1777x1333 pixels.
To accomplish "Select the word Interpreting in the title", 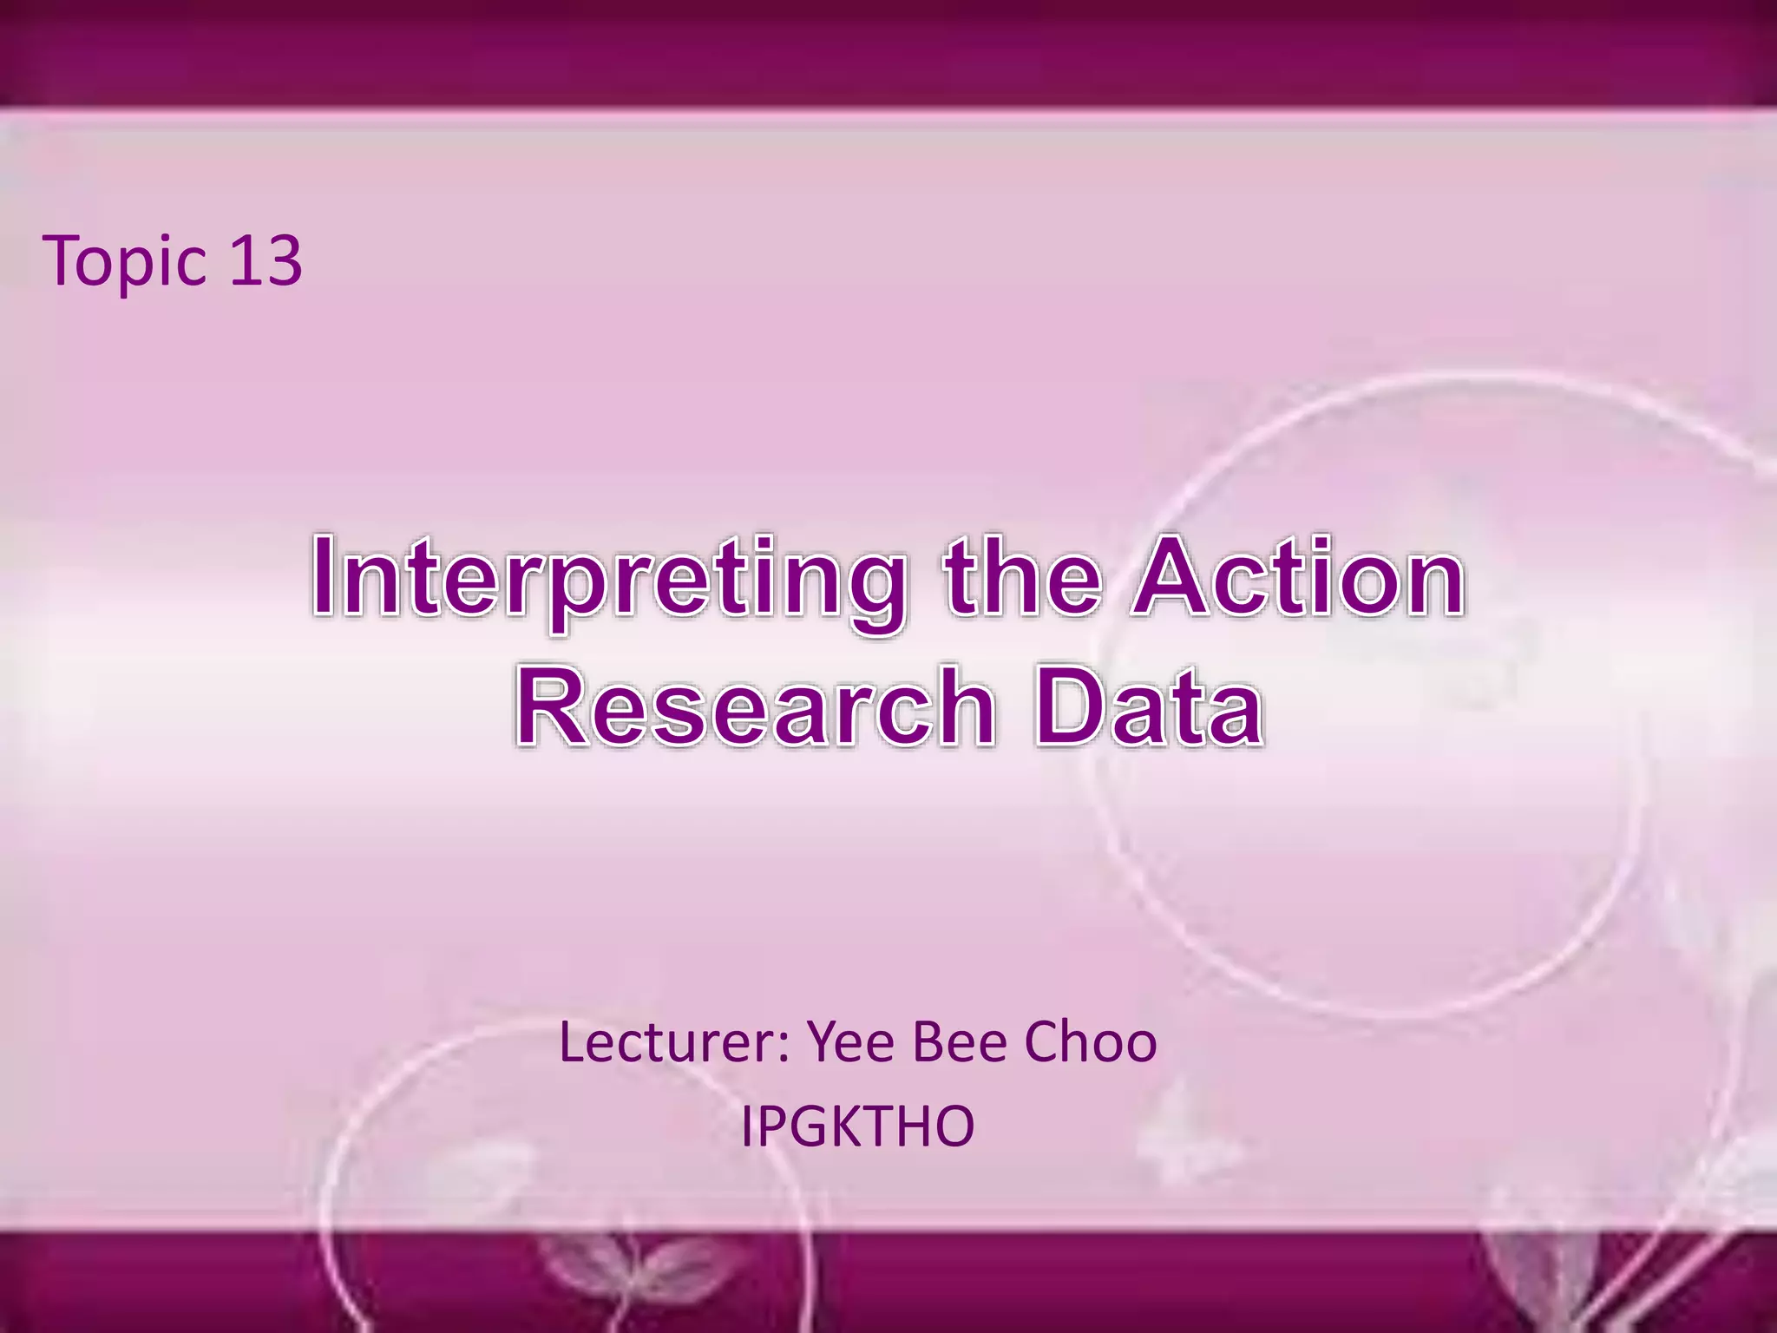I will pyautogui.click(x=608, y=579).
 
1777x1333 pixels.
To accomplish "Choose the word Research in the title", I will pyautogui.click(x=755, y=706).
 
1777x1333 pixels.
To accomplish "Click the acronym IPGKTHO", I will pyautogui.click(x=857, y=1126).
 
